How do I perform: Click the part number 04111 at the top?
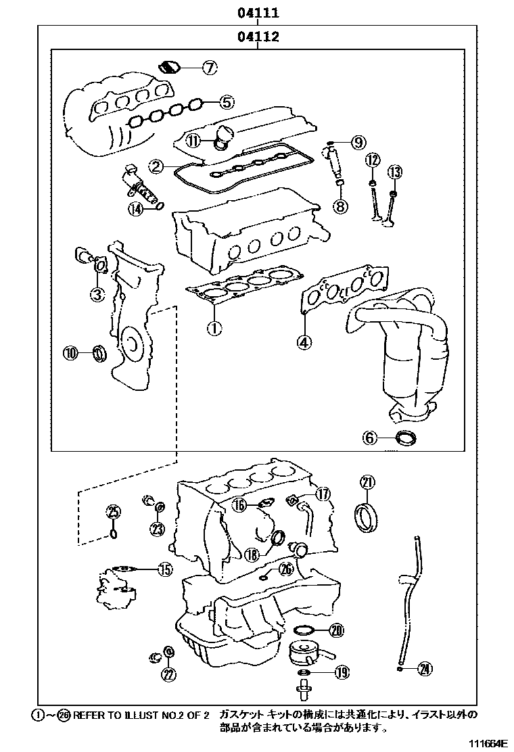(258, 13)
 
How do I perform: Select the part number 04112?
(258, 37)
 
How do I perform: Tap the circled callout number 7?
(209, 67)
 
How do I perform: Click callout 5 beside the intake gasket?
(227, 102)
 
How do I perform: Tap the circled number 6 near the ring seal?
(369, 438)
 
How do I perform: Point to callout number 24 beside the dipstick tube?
(424, 669)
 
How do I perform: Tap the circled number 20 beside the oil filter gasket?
(336, 631)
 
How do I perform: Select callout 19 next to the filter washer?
(341, 672)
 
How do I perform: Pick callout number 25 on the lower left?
(114, 511)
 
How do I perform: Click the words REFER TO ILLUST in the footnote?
(116, 714)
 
